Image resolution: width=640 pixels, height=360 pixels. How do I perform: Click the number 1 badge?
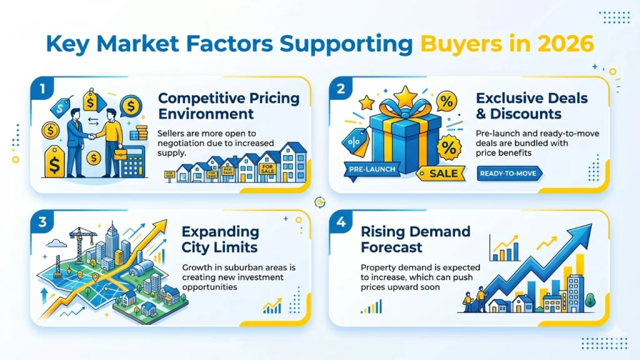[x=42, y=88]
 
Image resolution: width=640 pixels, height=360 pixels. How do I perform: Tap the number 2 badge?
[x=341, y=88]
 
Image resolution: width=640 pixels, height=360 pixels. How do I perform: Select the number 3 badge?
[x=42, y=221]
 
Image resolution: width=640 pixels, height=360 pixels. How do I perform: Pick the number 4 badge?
[x=341, y=221]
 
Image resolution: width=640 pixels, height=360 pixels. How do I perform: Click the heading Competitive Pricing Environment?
[x=228, y=106]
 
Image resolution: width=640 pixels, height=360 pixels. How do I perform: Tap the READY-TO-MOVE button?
[x=510, y=173]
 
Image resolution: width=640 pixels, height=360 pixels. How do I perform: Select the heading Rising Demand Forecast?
[x=415, y=239]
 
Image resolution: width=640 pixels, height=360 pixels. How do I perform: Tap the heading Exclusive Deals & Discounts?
[x=531, y=106]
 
